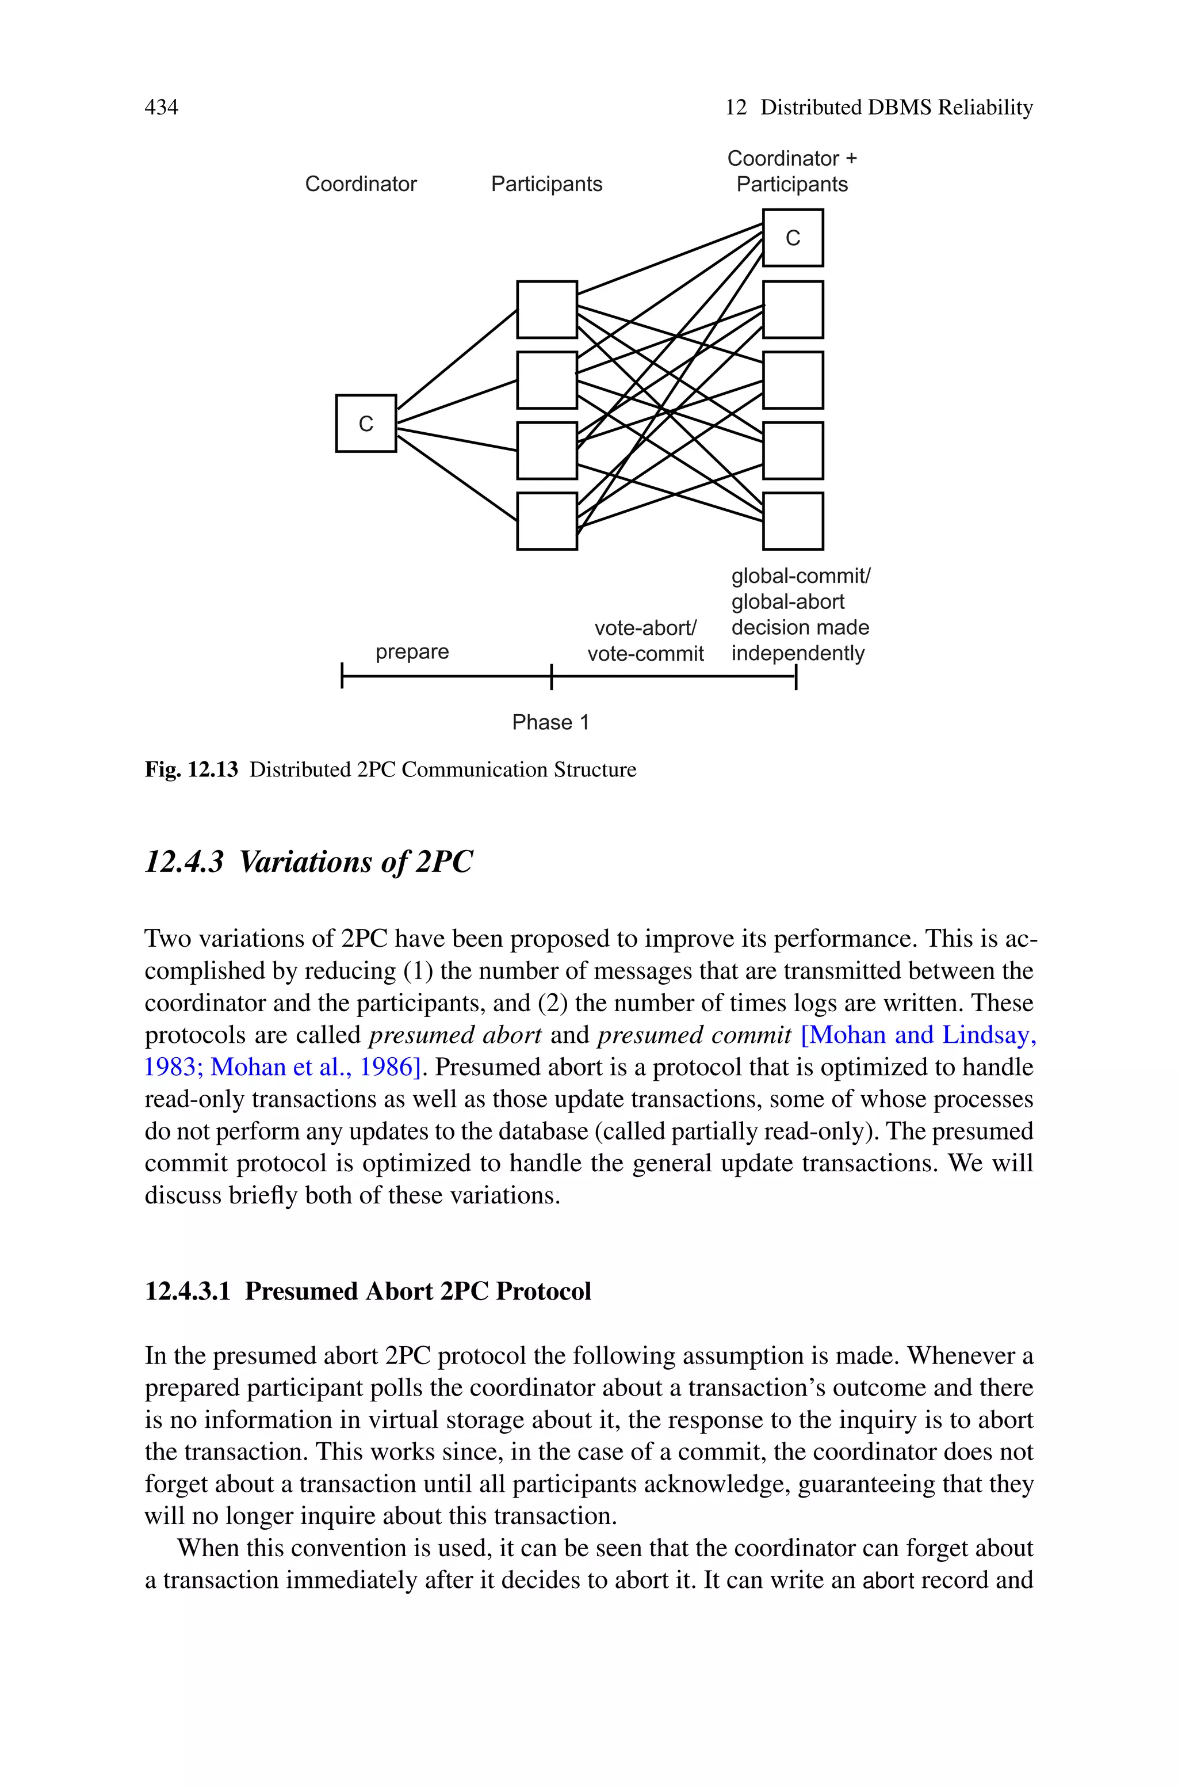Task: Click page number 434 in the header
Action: point(161,108)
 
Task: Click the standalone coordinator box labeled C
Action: point(366,424)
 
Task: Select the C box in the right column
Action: point(793,238)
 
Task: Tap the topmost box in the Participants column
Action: point(547,310)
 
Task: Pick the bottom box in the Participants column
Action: point(547,521)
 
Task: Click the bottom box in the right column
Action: point(793,521)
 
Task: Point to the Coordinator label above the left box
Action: point(361,184)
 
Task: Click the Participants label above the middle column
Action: point(546,184)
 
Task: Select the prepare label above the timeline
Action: point(412,651)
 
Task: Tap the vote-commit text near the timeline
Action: point(645,654)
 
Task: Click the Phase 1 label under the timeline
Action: point(550,722)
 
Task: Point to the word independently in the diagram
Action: point(798,653)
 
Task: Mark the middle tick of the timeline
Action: point(552,676)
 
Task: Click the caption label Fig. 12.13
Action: point(192,769)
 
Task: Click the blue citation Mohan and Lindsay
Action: point(918,1035)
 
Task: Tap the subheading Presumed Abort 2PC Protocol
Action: point(418,1291)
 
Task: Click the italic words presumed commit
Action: point(694,1035)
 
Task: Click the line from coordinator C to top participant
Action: point(457,359)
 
